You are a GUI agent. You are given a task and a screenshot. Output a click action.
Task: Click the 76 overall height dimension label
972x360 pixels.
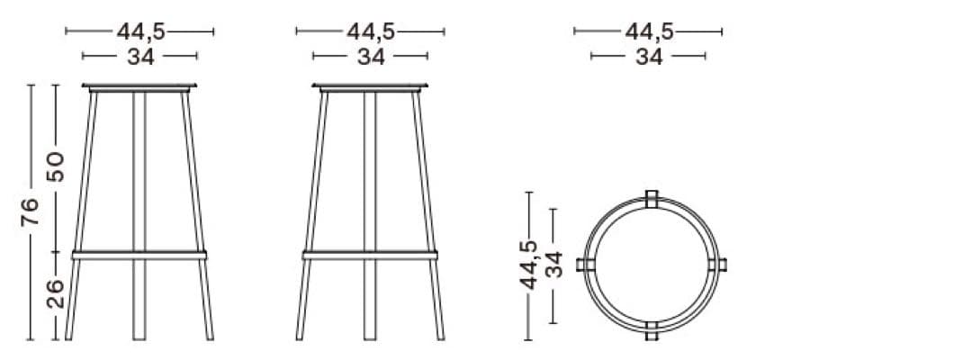click(31, 212)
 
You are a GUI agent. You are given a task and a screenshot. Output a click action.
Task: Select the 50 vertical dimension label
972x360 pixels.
click(56, 166)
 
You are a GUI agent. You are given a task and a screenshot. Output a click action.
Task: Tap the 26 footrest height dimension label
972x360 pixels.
click(56, 294)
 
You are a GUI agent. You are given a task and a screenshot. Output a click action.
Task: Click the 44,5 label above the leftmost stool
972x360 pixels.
click(140, 31)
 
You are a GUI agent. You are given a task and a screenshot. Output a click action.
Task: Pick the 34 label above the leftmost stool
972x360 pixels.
click(140, 58)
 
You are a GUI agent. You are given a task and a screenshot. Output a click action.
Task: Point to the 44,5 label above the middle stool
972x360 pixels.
click(371, 31)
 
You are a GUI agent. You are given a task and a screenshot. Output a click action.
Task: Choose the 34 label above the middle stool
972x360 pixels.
click(371, 58)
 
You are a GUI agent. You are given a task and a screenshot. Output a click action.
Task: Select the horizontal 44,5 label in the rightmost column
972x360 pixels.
click(649, 31)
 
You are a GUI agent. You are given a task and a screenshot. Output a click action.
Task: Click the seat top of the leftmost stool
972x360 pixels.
click(139, 87)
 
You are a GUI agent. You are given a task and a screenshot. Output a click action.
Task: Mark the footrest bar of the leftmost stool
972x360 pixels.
click(139, 256)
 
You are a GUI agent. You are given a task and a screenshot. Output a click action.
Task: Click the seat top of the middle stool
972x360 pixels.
click(370, 87)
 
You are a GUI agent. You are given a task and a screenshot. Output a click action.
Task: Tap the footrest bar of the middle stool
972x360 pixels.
click(370, 256)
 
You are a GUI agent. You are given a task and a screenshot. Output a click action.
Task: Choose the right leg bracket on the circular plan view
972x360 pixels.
click(719, 265)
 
